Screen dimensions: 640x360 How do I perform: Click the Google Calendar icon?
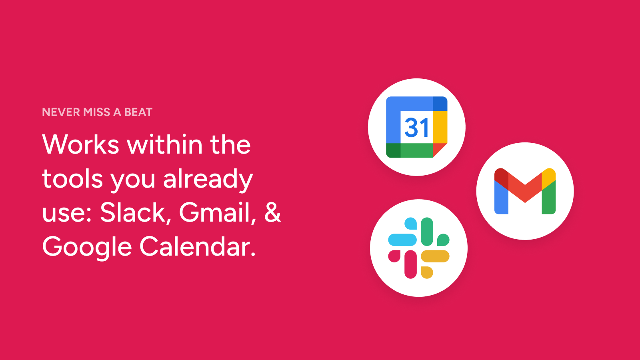point(416,127)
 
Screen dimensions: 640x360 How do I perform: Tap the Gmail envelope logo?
point(525,191)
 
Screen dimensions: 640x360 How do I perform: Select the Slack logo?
point(418,248)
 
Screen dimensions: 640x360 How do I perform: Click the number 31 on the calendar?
point(416,128)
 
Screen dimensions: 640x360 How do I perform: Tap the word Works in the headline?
point(80,144)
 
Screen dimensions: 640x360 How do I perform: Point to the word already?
point(208,180)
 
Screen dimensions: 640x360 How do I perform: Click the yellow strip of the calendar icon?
point(440,127)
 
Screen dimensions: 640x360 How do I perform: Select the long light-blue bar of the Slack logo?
point(402,240)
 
